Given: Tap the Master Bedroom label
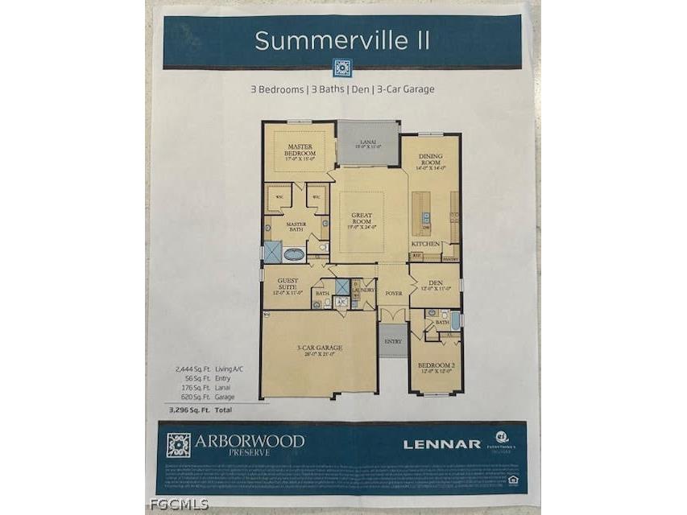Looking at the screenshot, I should (300, 150).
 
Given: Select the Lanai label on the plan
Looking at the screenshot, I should (368, 143).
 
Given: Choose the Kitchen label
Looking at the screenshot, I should (424, 242).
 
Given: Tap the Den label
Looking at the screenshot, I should (436, 284).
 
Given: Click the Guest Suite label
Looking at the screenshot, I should (288, 284).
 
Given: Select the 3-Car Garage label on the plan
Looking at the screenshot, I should (319, 348).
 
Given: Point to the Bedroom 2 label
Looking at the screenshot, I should (436, 366).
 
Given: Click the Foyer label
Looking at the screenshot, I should (393, 294).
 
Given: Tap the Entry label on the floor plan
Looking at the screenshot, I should (393, 341).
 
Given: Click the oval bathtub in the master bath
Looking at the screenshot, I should (294, 254).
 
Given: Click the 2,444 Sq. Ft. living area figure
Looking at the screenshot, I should (187, 369).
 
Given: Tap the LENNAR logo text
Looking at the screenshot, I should (442, 444).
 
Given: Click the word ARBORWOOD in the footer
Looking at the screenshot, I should (250, 440).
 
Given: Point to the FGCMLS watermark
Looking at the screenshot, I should (179, 505).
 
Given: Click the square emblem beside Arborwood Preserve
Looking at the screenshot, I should (179, 445).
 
